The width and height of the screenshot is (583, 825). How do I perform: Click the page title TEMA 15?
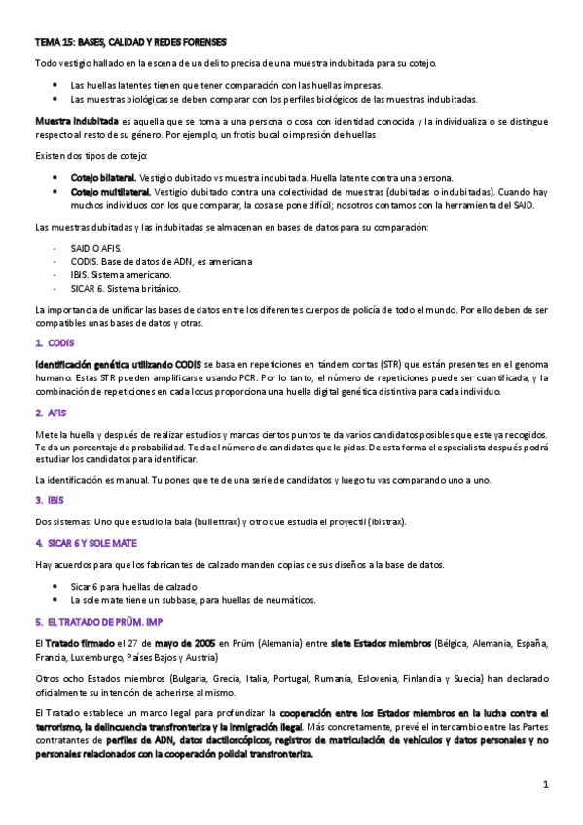pyautogui.click(x=129, y=43)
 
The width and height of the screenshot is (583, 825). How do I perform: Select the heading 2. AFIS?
pyautogui.click(x=51, y=412)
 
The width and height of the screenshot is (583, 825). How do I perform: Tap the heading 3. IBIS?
pyautogui.click(x=50, y=500)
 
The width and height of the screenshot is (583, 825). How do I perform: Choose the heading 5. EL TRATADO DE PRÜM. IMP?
pyautogui.click(x=95, y=619)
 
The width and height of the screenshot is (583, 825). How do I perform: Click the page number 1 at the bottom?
pyautogui.click(x=546, y=784)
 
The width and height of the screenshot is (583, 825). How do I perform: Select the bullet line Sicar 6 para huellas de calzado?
pyautogui.click(x=133, y=586)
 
